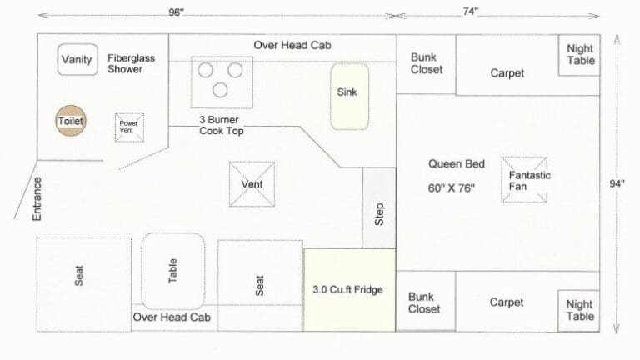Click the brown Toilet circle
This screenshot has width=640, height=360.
coord(71,120)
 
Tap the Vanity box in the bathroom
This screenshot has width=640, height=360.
coord(77,60)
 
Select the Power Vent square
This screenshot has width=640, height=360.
coord(129,127)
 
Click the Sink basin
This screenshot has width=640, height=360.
coord(349,97)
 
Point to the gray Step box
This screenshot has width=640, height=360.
coord(379,207)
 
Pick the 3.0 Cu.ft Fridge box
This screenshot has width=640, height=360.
coord(350,290)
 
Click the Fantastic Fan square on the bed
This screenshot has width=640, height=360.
coord(524,180)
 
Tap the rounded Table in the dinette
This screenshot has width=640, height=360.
coord(173,271)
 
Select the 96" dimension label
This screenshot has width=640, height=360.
coord(177,12)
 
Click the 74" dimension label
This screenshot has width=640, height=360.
coord(470,12)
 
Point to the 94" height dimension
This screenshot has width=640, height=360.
coord(617,183)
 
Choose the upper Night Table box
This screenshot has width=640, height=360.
coord(579,55)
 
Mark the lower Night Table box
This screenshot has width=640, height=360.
coord(579,311)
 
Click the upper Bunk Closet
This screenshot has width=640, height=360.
coord(426,64)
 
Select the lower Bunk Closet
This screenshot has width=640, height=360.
coord(426,301)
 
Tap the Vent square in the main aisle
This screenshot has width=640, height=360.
coord(252,184)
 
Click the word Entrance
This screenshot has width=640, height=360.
coord(37,199)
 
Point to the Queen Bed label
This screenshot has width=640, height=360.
coord(457,164)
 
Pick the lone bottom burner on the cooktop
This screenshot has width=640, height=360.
coord(220,90)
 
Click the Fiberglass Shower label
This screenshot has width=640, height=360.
coord(131,63)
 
